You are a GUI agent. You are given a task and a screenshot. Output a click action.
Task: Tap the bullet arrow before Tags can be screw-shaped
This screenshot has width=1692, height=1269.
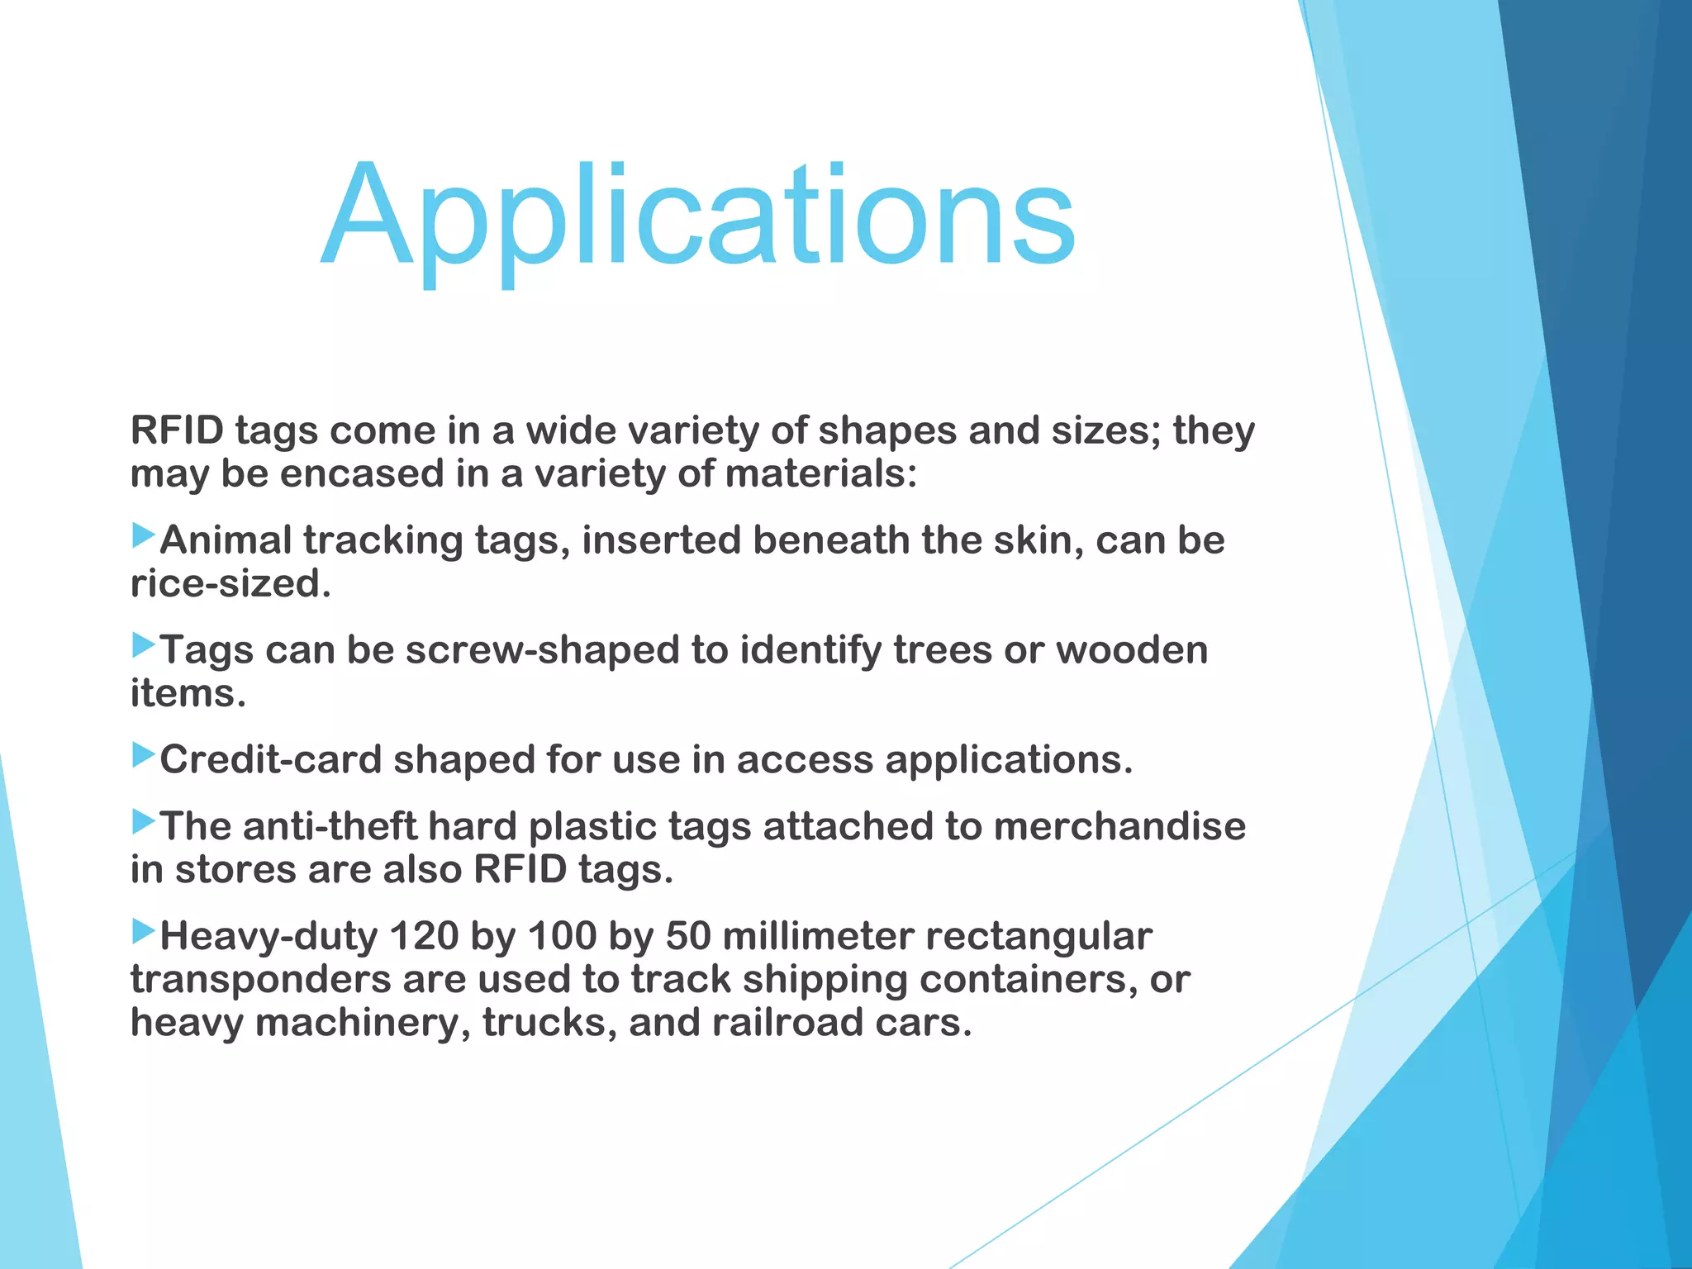click(144, 645)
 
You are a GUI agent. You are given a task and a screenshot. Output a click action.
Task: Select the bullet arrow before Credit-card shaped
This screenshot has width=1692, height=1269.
click(144, 754)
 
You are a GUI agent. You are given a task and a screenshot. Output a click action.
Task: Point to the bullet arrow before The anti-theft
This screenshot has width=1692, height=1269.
click(144, 821)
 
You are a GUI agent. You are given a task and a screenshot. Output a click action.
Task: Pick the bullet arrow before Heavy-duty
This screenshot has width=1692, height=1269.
click(144, 931)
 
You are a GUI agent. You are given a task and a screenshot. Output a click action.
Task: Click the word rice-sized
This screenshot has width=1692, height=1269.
click(231, 584)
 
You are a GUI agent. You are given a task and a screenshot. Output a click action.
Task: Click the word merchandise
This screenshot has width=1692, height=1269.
click(1119, 826)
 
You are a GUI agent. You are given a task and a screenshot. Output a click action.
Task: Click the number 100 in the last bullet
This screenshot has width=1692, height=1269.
click(562, 936)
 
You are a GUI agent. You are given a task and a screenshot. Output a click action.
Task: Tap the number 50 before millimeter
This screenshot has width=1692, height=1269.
click(688, 936)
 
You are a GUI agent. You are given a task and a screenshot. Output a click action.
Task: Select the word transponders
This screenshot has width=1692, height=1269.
click(260, 980)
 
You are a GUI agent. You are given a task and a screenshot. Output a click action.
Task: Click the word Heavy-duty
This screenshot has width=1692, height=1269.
click(269, 936)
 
